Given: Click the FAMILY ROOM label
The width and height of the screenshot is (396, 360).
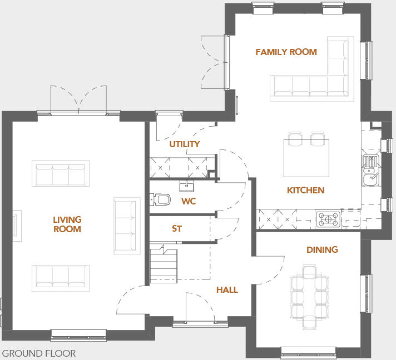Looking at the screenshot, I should click(286, 52).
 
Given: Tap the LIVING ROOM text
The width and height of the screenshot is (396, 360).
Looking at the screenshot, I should click(67, 224).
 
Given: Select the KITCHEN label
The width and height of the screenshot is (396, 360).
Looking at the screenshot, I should click(305, 191).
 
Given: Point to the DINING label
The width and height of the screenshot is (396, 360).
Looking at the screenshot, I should click(322, 250).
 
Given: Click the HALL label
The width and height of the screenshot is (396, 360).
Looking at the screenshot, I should click(227, 290).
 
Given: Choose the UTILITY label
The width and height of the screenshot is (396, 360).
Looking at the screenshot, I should click(185, 144).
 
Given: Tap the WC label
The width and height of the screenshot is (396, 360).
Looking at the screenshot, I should click(189, 201).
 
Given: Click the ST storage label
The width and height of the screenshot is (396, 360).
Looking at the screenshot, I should click(177, 229).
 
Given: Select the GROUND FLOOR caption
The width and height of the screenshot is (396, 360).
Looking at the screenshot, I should click(39, 353).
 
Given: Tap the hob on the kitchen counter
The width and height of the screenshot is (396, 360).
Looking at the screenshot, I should click(328, 219).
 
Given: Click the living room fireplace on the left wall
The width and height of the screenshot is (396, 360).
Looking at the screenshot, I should click(17, 226).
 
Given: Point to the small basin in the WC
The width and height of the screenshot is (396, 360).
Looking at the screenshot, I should click(186, 185).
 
